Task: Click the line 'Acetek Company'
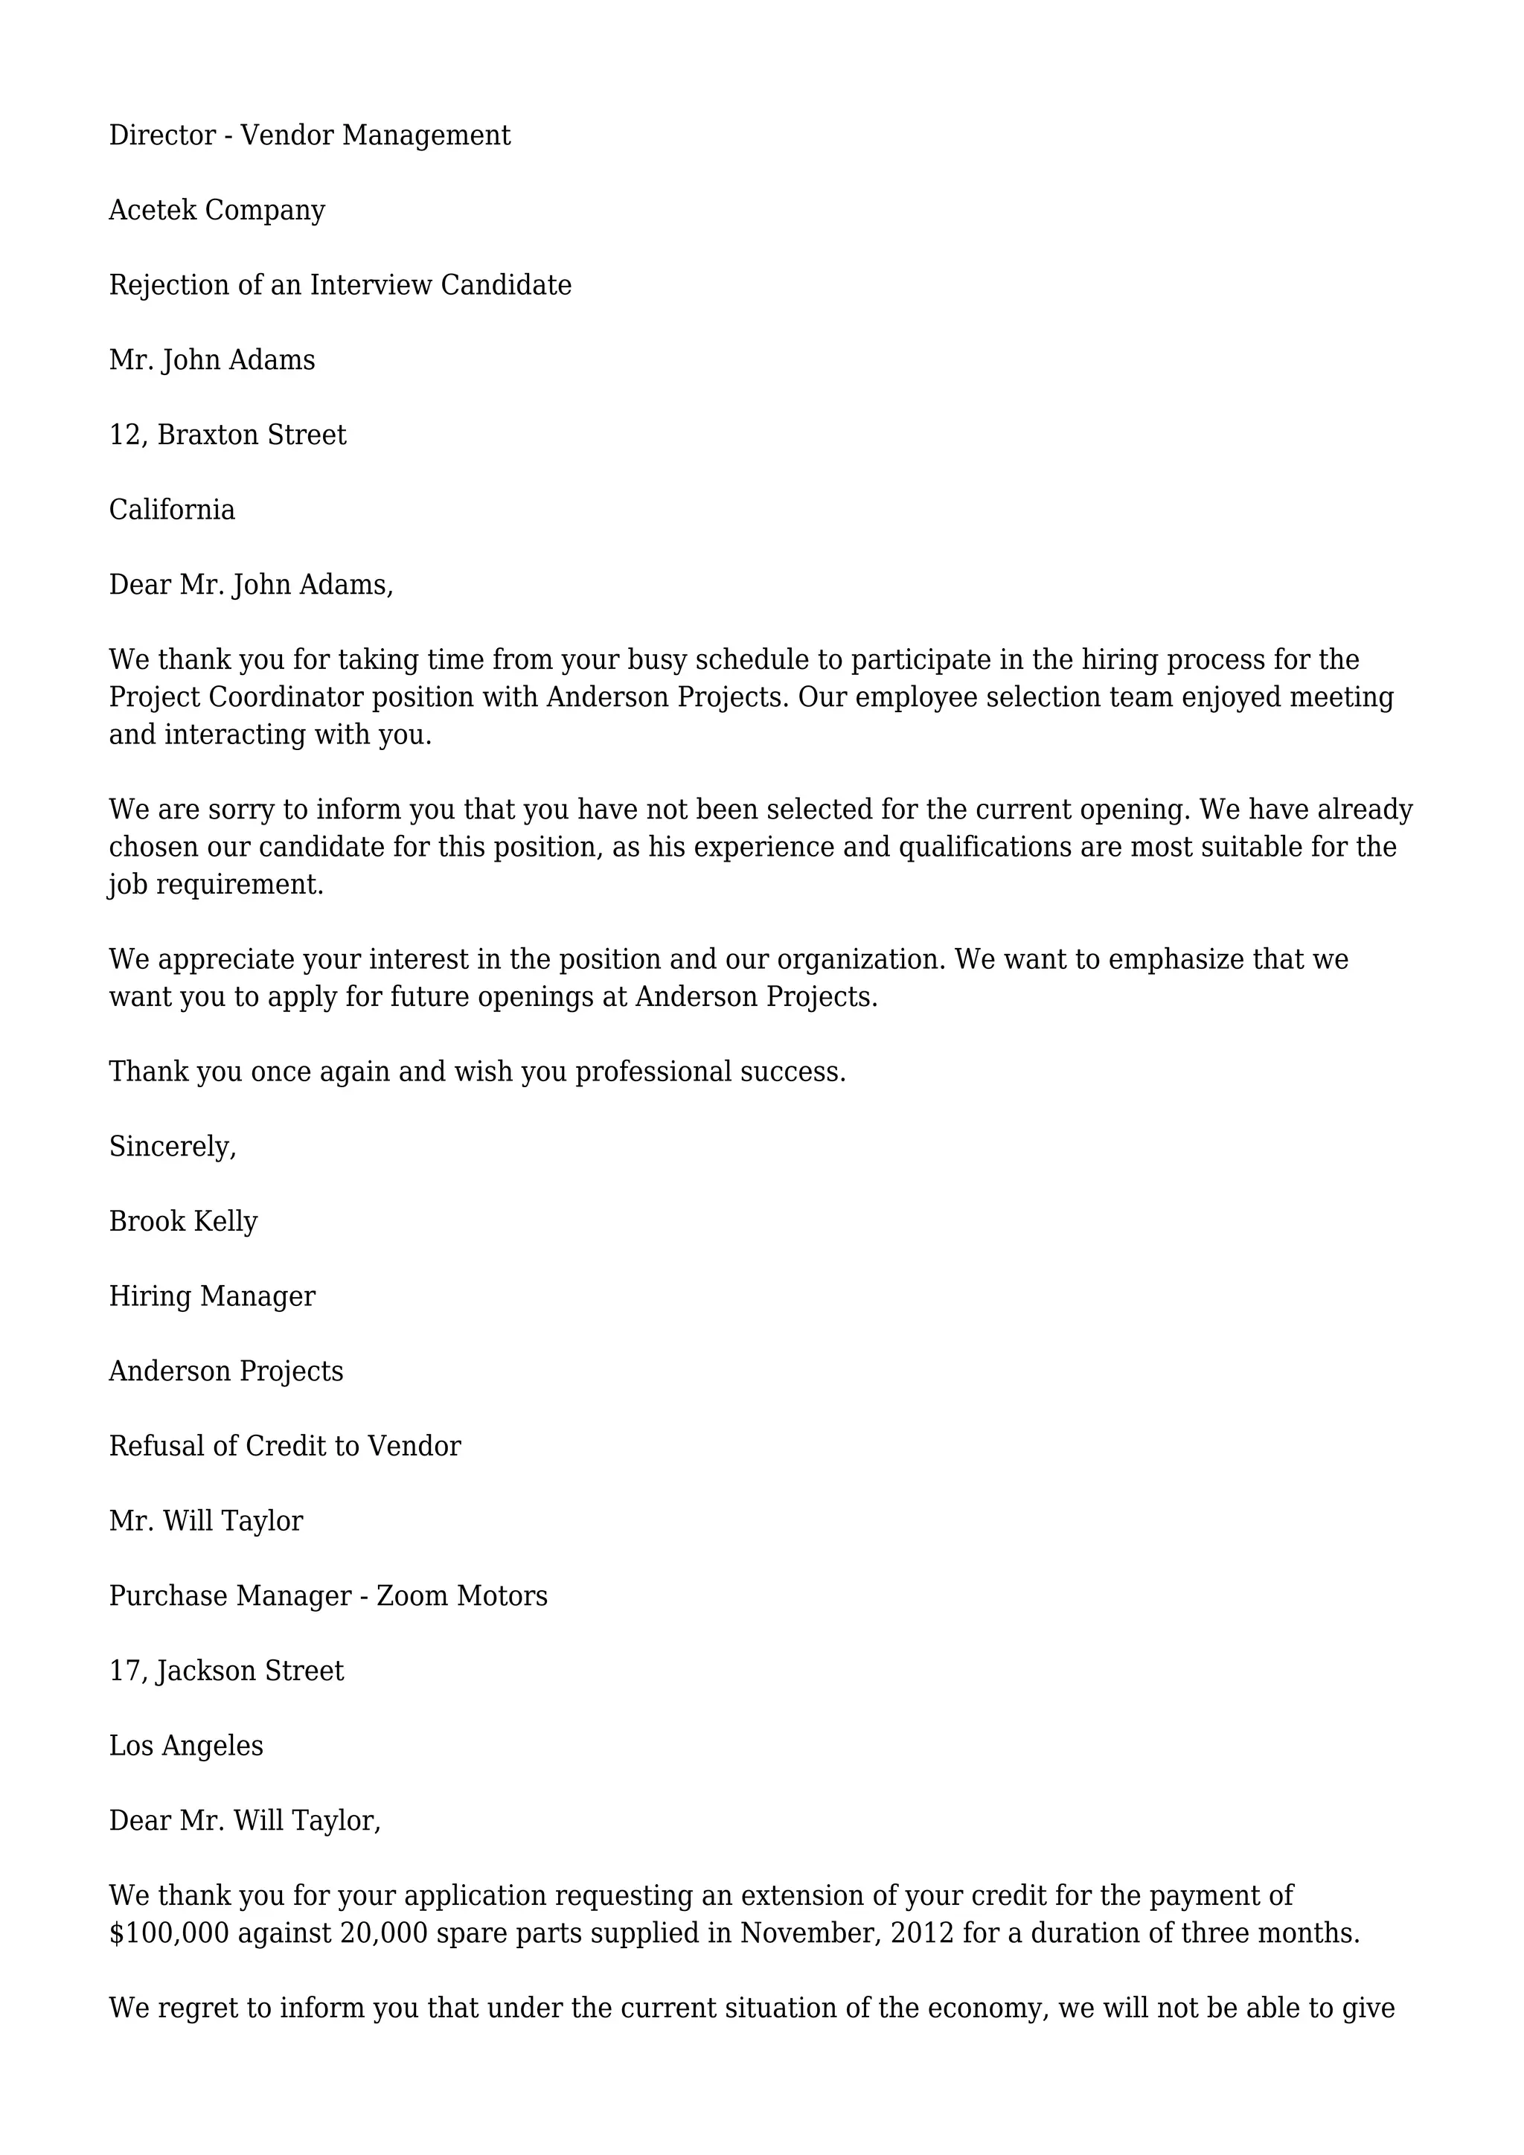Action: (x=217, y=211)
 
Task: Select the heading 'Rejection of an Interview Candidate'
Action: (x=340, y=285)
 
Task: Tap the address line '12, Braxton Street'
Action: (x=227, y=435)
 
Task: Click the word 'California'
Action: (x=172, y=510)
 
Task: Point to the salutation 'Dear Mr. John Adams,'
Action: (x=251, y=586)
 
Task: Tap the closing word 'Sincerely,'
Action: (x=173, y=1147)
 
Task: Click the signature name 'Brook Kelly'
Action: (x=183, y=1222)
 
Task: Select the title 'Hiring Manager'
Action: (x=212, y=1297)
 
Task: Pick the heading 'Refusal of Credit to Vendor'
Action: (x=284, y=1447)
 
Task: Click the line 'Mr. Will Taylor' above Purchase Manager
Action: (x=205, y=1522)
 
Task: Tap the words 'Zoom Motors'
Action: (x=461, y=1597)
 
